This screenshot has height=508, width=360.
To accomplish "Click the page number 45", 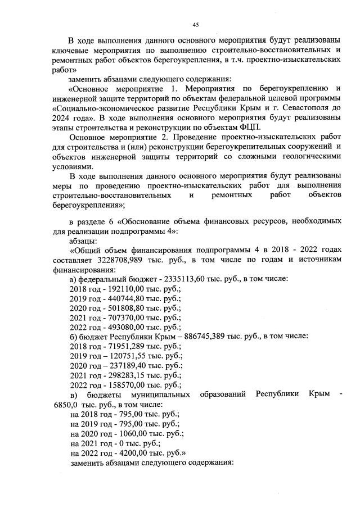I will point(196,24).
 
